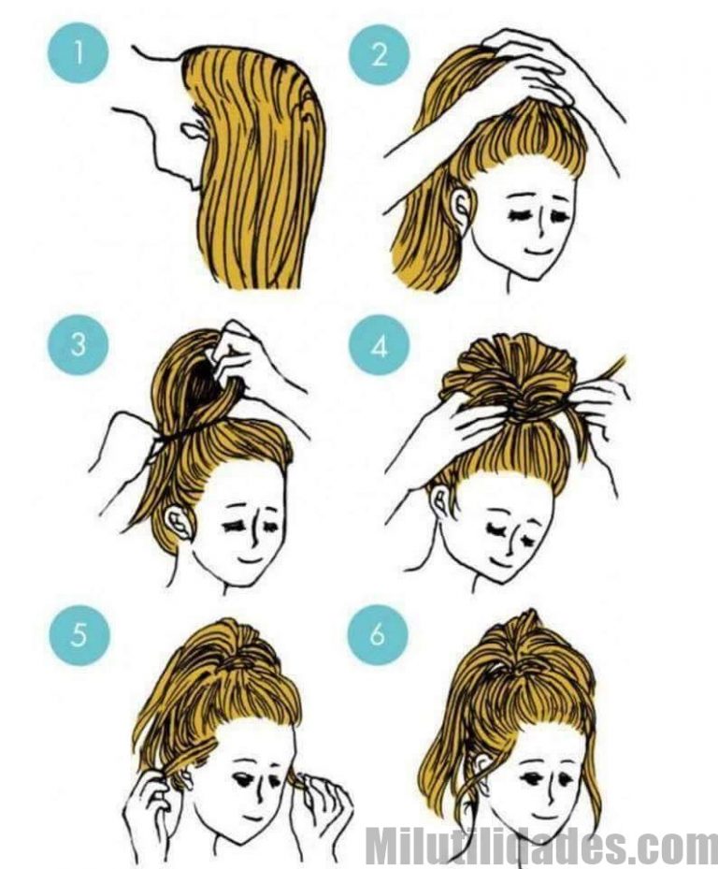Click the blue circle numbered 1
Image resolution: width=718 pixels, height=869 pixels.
tap(79, 52)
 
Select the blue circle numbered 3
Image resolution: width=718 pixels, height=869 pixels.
tap(79, 344)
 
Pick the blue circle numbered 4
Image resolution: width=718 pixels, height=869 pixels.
tap(379, 346)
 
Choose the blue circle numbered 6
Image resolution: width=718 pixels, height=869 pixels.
tap(378, 634)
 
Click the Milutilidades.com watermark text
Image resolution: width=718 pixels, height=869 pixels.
tap(540, 844)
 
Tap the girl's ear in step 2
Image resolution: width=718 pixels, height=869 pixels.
tap(462, 206)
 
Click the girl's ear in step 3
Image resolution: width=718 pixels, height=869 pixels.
tap(179, 523)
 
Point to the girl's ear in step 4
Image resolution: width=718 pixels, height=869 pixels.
tap(441, 501)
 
